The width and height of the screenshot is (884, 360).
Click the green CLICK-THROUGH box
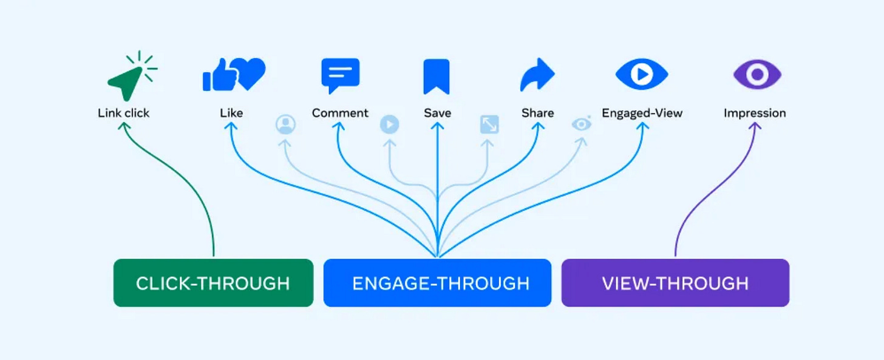213,283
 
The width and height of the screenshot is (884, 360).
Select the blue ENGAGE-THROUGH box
437,283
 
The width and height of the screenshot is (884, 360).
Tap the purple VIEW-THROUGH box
675,283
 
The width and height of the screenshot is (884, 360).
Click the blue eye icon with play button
642,74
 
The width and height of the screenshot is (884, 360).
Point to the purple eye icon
756,75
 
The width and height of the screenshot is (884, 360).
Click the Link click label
123,113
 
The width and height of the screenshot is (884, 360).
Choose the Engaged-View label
642,113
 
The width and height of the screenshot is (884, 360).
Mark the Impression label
755,113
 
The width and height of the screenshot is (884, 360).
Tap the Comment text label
340,113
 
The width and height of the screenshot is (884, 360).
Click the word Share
537,113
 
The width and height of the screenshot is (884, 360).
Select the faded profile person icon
285,124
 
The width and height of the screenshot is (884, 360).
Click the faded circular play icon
389,124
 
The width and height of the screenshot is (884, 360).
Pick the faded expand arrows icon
489,124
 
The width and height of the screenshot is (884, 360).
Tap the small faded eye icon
582,124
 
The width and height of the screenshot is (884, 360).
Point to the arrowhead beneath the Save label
437,126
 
